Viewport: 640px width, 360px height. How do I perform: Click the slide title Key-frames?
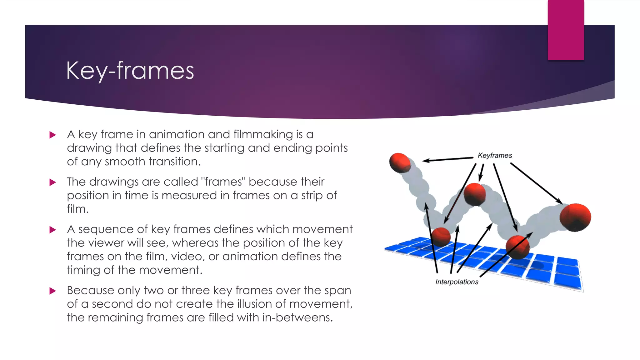130,71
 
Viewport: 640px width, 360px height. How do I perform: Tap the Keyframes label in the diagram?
495,155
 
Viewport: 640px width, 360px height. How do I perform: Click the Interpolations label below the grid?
457,282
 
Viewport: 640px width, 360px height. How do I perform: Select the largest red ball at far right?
575,217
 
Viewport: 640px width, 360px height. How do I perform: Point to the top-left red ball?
400,162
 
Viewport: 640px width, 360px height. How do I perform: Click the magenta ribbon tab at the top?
566,30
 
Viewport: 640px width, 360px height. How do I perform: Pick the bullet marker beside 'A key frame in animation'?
52,135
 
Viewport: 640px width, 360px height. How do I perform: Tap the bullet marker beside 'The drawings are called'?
52,182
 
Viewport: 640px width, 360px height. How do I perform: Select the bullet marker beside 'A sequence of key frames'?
52,230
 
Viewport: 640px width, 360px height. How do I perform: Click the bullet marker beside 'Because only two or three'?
52,291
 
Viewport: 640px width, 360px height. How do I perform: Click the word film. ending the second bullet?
77,209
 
